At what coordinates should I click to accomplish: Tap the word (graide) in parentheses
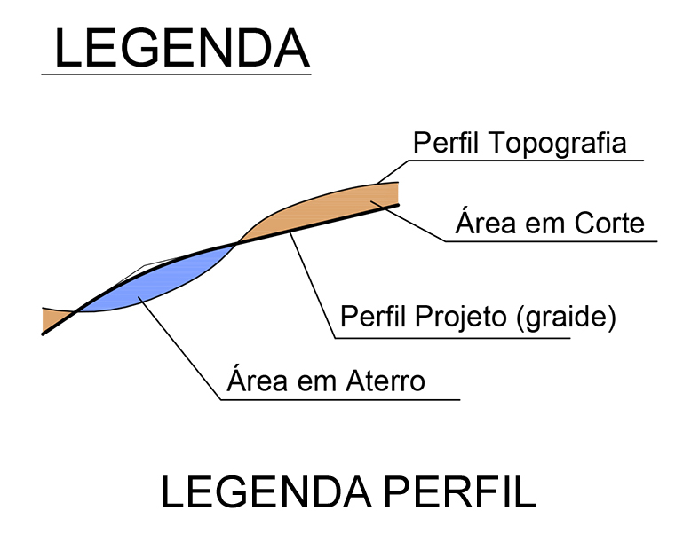(566, 318)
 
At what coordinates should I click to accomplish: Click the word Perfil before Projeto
(375, 318)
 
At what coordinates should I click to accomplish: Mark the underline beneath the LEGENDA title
(176, 75)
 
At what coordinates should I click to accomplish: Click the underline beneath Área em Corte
(551, 240)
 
